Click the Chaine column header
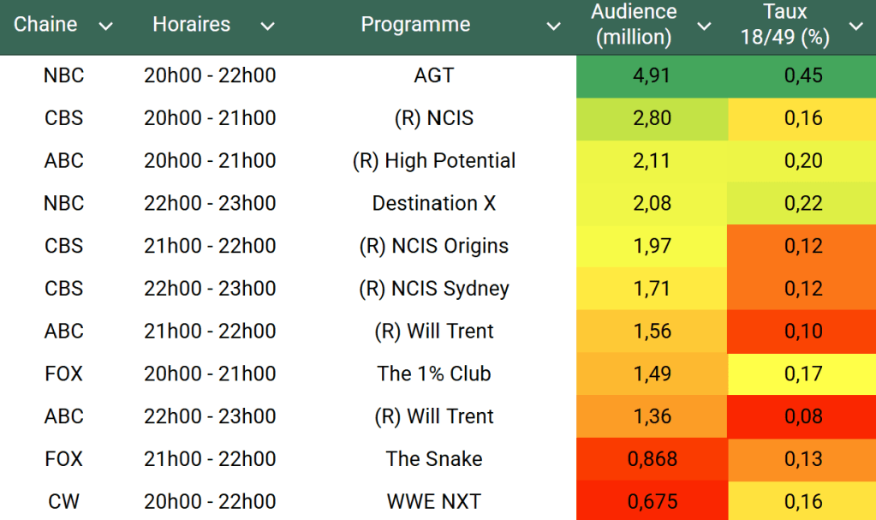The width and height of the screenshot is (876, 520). [45, 25]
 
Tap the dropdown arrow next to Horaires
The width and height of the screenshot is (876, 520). [267, 27]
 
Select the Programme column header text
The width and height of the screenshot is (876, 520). [415, 25]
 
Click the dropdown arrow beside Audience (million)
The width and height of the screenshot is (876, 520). [704, 27]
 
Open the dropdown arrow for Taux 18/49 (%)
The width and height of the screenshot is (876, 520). [855, 27]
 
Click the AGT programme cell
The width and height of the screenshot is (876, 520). [433, 75]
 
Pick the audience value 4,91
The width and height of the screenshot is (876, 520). [651, 75]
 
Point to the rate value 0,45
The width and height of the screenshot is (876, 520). [802, 75]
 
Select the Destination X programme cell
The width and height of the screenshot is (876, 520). [433, 204]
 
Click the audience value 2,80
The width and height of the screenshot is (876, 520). [651, 118]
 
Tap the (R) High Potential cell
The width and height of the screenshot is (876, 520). [433, 161]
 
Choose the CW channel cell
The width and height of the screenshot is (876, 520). [63, 502]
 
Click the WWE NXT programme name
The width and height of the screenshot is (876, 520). [433, 502]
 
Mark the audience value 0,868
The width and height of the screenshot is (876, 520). [651, 459]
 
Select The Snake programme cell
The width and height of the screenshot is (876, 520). [433, 459]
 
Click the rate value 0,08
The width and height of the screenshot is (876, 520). [802, 416]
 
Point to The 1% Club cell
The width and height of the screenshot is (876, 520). [433, 374]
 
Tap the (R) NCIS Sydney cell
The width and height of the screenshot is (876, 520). [433, 289]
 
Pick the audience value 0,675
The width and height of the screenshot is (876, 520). [651, 502]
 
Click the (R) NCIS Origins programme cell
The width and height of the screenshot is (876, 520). [433, 246]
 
